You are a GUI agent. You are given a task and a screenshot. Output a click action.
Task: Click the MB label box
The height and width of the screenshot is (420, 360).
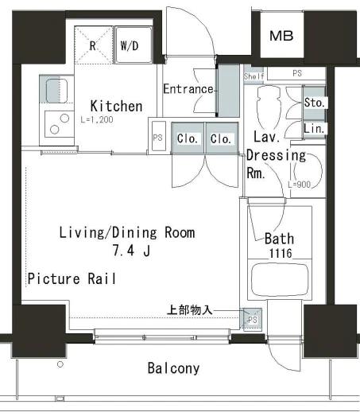282,35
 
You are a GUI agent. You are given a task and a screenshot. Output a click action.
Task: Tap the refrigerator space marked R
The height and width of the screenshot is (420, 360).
94,45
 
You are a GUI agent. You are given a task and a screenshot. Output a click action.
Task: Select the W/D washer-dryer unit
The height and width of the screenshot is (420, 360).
134,45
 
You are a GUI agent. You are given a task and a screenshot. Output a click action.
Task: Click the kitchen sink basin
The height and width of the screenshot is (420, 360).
56,91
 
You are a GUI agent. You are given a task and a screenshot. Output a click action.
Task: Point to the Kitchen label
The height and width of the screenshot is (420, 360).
117,106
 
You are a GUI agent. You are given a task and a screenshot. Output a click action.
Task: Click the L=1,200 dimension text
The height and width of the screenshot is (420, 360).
97,119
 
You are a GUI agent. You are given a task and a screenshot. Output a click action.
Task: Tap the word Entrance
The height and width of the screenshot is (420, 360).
188,89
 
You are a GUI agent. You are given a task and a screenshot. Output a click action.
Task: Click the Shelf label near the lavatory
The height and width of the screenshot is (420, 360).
254,76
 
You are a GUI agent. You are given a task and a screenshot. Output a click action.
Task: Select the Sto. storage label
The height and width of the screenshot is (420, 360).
315,103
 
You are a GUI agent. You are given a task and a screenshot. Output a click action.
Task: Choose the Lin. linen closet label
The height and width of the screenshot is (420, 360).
314,129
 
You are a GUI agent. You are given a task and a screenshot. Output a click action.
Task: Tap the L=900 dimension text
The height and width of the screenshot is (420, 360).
300,185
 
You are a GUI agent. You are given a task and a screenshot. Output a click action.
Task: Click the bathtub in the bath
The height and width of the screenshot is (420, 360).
280,280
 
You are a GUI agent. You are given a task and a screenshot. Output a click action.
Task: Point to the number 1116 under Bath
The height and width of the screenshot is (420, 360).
281,253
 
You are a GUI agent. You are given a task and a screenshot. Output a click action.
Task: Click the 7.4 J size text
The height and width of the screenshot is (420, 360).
131,251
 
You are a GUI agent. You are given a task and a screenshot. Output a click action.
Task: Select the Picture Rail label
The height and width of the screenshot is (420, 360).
72,278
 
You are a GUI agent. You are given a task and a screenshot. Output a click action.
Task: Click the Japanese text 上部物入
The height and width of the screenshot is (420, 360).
189,310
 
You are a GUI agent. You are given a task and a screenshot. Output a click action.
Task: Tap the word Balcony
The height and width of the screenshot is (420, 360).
174,368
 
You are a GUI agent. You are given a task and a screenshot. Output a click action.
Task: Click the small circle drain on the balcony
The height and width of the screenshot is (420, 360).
60,364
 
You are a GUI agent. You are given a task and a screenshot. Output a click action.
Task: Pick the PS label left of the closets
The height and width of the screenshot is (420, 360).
157,138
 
